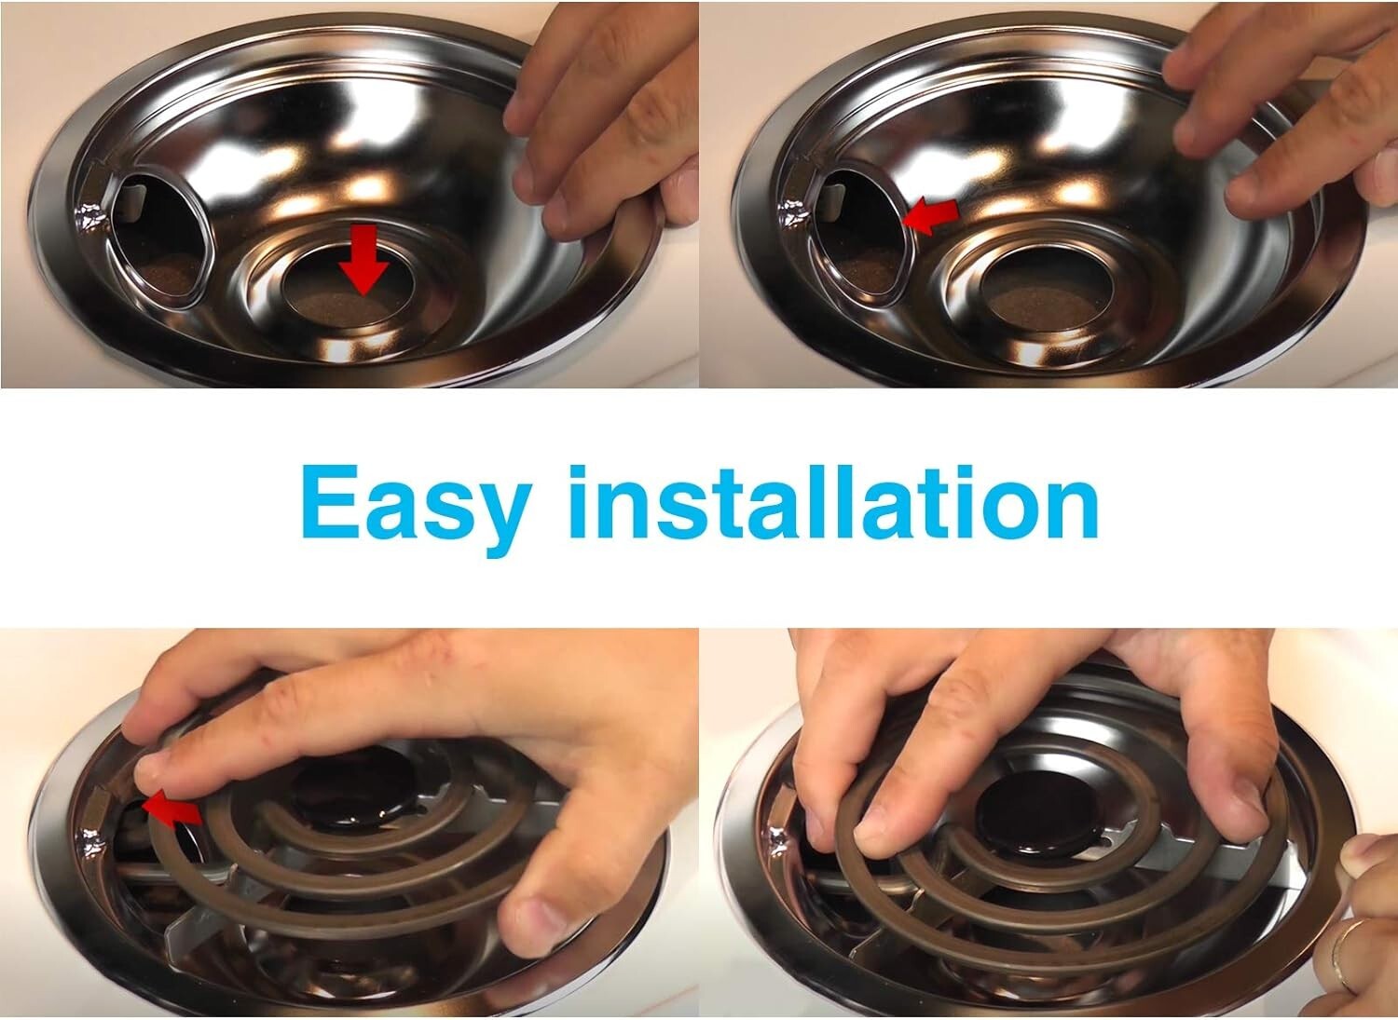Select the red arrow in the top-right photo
[x=932, y=215]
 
